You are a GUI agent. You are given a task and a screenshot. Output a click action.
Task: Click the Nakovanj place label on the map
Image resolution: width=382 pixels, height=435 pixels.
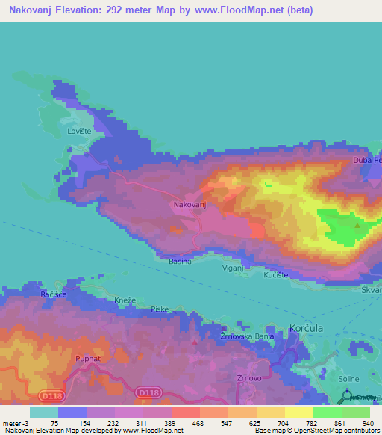coord(190,204)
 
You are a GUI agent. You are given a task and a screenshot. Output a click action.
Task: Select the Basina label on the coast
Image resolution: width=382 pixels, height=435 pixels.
coord(180,261)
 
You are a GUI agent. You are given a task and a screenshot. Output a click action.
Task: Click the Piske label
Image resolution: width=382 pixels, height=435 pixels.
coord(160,309)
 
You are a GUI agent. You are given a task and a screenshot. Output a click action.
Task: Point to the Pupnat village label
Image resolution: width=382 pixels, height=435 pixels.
coord(87,359)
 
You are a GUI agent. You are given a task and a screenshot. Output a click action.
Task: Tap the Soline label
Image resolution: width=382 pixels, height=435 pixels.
coord(348,380)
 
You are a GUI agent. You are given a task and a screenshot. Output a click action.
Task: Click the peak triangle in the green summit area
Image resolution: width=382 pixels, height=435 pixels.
coord(357,224)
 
